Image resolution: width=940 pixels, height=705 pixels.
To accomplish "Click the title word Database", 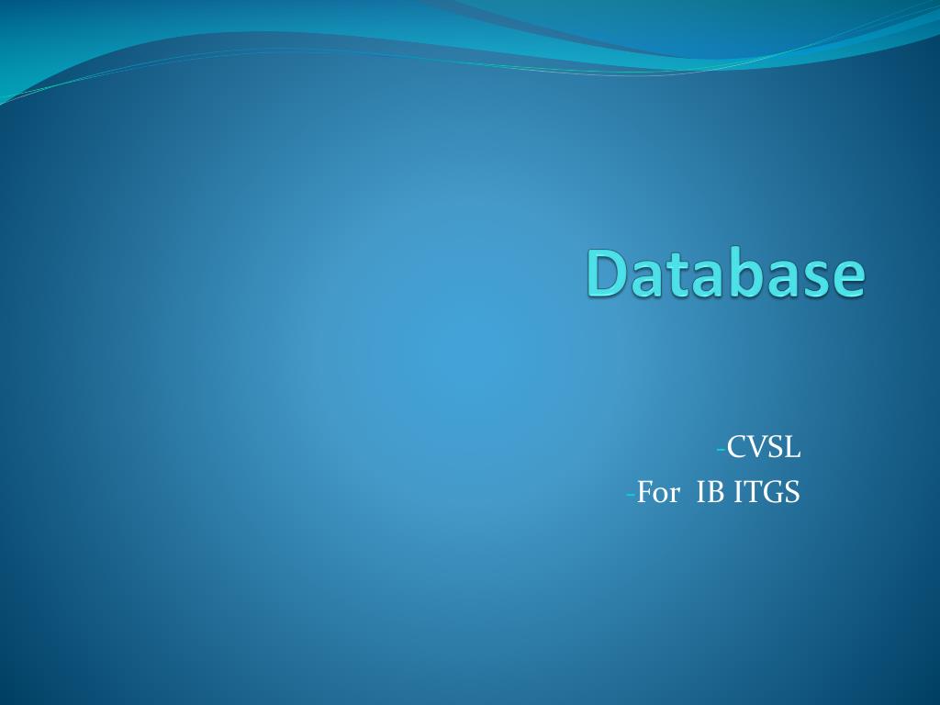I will coord(725,274).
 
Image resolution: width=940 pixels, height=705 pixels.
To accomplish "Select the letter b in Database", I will coord(744,274).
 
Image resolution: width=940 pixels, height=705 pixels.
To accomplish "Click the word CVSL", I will coord(764,448).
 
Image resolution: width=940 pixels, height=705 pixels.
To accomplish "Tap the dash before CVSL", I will coord(721,449).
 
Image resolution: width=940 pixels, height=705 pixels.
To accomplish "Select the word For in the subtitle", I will coord(657,493).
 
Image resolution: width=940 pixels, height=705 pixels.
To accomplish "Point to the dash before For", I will coord(631,494).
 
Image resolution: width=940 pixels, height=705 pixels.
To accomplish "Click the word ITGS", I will coord(767,493).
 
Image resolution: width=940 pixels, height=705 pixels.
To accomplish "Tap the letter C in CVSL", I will coord(736,448).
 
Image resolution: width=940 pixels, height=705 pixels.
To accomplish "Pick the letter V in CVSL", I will coord(755,448).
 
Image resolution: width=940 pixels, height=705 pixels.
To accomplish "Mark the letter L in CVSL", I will coord(792,448).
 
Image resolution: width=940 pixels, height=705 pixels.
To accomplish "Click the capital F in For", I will coord(644,493).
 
